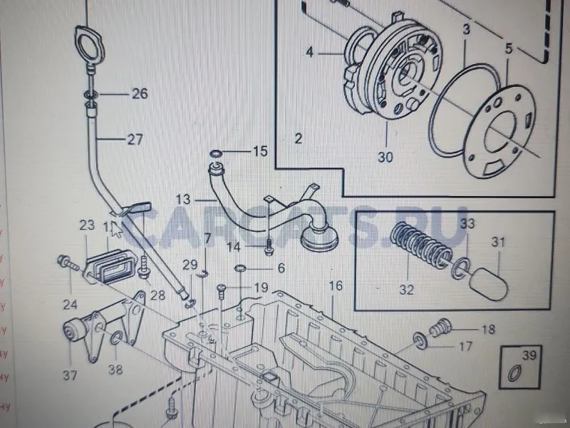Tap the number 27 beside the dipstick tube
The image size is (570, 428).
[135, 141]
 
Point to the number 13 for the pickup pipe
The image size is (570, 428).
[183, 200]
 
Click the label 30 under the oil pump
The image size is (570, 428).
[385, 158]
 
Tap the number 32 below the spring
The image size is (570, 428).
[406, 290]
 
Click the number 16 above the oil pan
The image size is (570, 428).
[336, 286]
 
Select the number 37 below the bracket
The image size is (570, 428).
[69, 375]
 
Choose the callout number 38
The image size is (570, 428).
[115, 370]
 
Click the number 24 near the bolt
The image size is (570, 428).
[70, 305]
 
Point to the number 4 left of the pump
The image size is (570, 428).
[310, 52]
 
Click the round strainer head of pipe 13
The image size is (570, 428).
[318, 235]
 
